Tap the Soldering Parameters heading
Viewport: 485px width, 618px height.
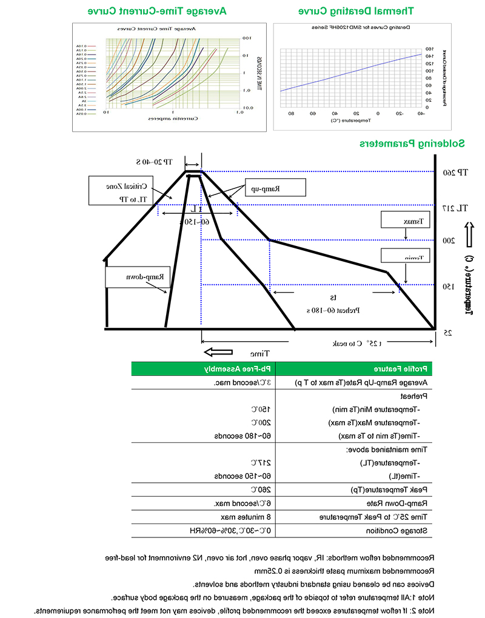[x=412, y=144]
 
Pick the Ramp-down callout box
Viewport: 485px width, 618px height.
[x=136, y=277]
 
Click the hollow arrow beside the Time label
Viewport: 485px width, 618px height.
[x=218, y=353]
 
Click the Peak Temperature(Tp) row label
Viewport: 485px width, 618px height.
[x=392, y=490]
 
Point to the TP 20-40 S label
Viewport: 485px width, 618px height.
[x=154, y=162]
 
